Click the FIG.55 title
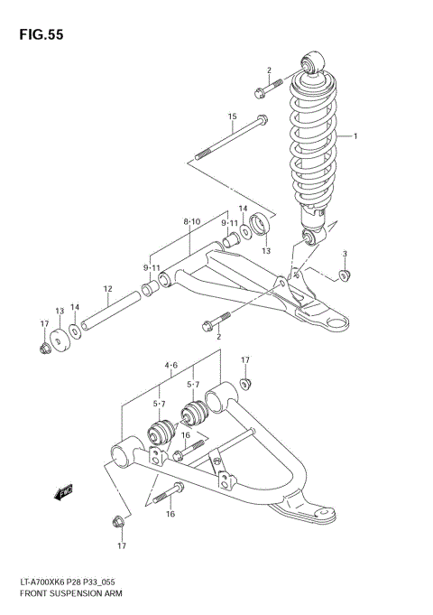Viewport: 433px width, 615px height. point(40,34)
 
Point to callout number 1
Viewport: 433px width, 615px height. point(355,136)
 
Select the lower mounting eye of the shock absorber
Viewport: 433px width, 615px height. point(308,238)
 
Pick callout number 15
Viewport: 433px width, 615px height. point(232,116)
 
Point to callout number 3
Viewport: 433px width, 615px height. point(344,254)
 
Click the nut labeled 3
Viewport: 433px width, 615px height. point(344,275)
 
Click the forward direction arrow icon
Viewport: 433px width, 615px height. point(63,493)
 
